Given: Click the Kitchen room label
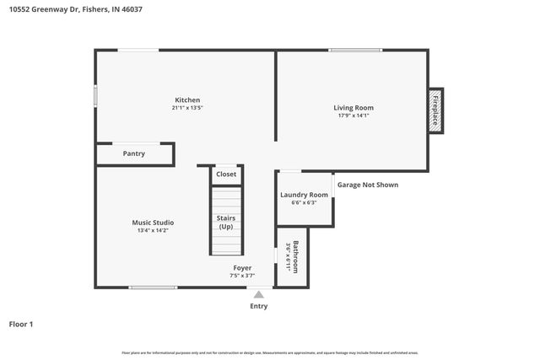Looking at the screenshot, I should coord(187,99).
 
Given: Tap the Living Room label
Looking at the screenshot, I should coord(353,107).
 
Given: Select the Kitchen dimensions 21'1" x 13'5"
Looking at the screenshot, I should coord(187,108).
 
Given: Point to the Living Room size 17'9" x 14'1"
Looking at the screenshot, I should coord(353,116).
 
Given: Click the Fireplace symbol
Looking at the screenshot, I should coord(435,110).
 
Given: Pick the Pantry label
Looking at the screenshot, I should coord(133,153).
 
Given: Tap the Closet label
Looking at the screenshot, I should coord(226,175).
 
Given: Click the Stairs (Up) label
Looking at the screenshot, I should coord(226,223).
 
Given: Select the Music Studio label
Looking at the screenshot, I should coord(153,222).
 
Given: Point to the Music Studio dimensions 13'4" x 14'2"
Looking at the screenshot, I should coord(153,230).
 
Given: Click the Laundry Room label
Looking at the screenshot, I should coord(304,195).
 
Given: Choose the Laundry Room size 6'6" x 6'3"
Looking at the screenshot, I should coord(304,203).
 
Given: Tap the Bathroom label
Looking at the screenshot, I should coord(296,256).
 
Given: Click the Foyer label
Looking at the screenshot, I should coord(242,267).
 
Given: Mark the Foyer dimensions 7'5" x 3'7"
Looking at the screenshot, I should coord(242,276).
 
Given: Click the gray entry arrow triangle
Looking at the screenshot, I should coord(259,294).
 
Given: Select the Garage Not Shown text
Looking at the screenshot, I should coord(368,185).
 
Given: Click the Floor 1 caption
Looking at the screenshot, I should coord(21,324).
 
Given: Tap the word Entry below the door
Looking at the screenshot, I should coord(259,306).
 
